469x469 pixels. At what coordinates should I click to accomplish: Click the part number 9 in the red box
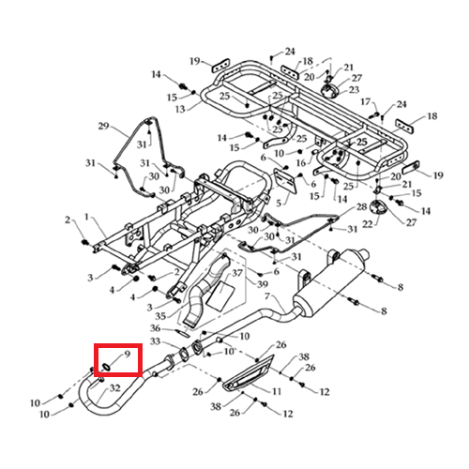(127, 354)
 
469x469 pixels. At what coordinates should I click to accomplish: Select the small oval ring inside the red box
(106, 367)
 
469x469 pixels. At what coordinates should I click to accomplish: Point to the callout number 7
(266, 295)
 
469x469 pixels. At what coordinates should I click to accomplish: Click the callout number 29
(103, 127)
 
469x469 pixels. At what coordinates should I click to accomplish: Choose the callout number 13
(180, 110)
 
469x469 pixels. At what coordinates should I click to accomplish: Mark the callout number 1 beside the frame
(87, 217)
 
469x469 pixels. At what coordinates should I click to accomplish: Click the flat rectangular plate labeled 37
(221, 295)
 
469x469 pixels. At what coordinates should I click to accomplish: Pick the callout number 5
(279, 204)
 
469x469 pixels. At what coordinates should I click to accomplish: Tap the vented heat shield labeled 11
(249, 373)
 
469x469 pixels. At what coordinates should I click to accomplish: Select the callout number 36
(156, 328)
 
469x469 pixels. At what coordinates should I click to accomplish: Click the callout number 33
(156, 341)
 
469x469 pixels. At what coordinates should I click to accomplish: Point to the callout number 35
(160, 316)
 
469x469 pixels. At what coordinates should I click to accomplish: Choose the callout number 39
(263, 284)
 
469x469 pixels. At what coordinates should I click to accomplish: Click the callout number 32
(115, 388)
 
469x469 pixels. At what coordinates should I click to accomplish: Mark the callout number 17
(366, 102)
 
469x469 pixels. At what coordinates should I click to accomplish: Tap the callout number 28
(362, 207)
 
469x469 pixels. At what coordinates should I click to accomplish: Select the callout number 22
(368, 224)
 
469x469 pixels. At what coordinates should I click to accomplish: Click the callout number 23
(354, 90)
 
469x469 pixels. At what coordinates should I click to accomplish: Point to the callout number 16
(301, 163)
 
